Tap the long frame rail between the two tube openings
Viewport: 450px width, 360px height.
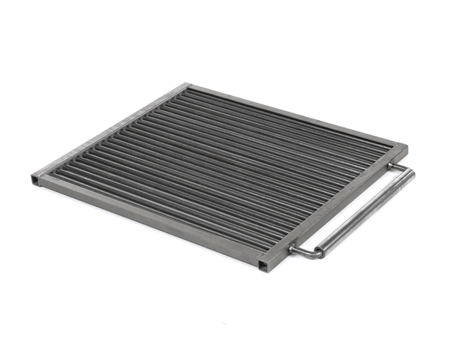tap(150, 221)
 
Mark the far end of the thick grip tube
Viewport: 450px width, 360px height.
tap(409, 174)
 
